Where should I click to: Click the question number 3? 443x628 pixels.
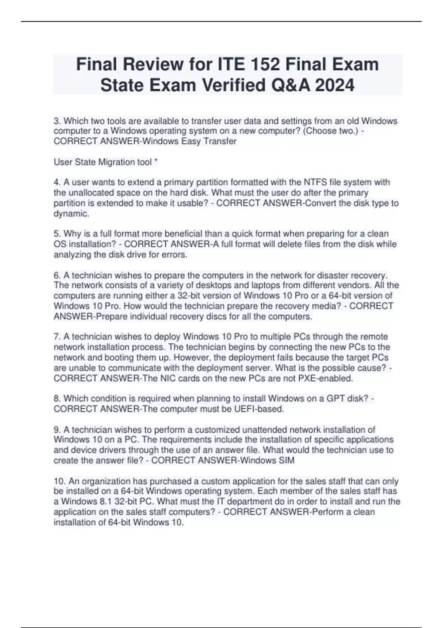click(x=56, y=121)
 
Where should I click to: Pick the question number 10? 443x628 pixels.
click(x=59, y=481)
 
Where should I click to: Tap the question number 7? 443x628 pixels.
click(x=56, y=337)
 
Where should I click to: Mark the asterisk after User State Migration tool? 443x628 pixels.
click(x=156, y=162)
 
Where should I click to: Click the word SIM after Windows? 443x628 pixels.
click(x=286, y=461)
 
